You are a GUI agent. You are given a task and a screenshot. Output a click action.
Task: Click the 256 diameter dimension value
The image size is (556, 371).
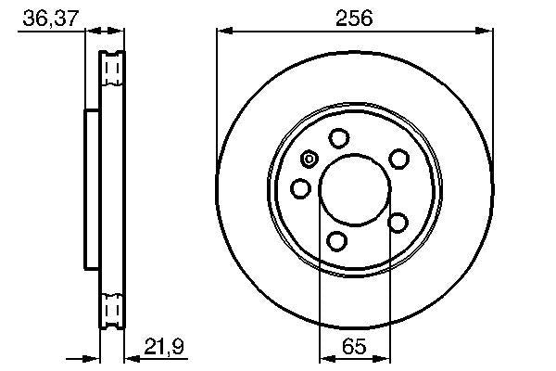tap(353, 17)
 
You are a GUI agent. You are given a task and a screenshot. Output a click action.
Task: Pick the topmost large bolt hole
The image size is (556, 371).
tap(339, 138)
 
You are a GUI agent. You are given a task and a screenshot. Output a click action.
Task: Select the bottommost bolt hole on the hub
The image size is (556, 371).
tap(338, 242)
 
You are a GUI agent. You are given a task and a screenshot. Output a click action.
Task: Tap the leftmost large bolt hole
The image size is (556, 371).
tap(300, 189)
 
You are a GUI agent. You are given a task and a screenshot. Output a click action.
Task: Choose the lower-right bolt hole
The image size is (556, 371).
tap(398, 222)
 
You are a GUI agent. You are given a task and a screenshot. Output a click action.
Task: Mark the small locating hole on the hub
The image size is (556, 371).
tap(310, 158)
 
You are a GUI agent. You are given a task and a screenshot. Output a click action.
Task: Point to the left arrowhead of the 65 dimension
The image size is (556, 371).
tap(324, 359)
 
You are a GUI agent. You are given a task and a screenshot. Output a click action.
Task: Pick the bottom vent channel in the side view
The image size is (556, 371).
tap(111, 306)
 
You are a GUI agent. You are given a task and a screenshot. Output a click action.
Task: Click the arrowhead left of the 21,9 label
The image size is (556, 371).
tap(128, 359)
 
